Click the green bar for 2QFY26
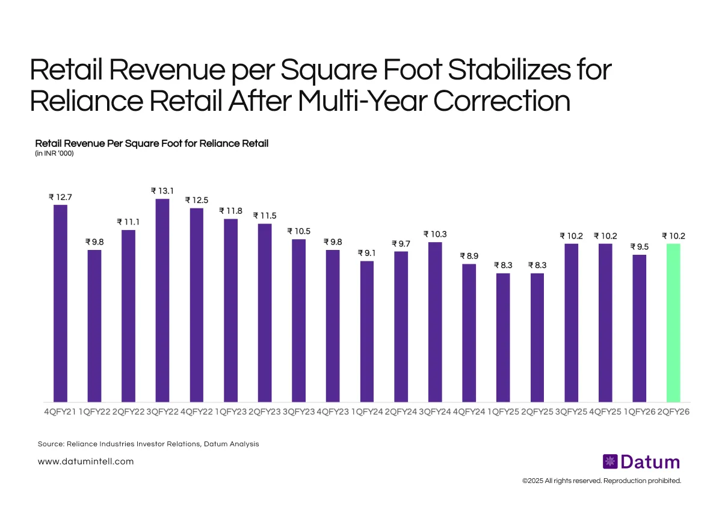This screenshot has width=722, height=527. click(673, 322)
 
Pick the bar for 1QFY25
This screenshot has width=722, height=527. click(503, 337)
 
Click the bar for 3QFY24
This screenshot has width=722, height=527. click(435, 322)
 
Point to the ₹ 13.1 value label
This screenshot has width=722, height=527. click(162, 191)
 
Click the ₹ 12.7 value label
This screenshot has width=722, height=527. click(60, 197)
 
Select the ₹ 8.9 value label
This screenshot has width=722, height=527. click(469, 256)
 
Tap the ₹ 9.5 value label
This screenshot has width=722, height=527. click(639, 247)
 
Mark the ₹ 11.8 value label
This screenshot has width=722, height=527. click(230, 211)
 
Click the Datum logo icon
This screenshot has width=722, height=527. click(609, 462)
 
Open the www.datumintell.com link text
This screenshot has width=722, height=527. click(85, 461)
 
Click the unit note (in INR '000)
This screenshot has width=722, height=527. click(54, 154)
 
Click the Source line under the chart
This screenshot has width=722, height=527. click(148, 444)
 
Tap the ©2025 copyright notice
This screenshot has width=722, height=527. click(601, 481)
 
